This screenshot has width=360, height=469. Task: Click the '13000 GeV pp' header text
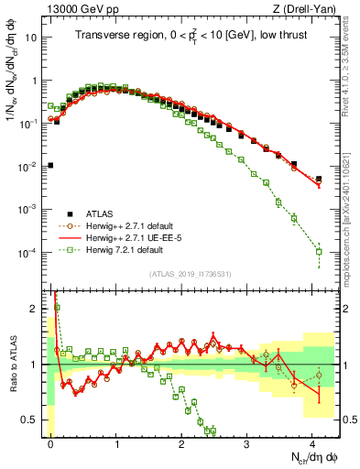click(x=78, y=9)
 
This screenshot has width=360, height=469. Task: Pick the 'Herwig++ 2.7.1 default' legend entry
click(x=137, y=226)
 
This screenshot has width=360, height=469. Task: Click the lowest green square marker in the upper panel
click(x=319, y=251)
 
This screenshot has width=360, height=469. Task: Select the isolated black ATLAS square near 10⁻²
click(x=50, y=166)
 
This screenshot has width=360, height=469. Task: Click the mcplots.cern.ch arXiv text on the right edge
click(x=352, y=229)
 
